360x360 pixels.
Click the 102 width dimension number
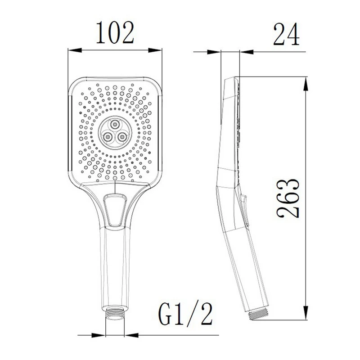(115, 32)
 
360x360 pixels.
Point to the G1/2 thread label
(185, 315)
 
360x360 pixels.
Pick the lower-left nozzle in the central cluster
(108, 137)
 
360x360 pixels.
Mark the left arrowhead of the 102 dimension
(72, 49)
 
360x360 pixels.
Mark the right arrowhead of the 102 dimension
(158, 49)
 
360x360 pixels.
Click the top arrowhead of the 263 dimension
(306, 80)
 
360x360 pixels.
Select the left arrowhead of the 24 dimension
(218, 53)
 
